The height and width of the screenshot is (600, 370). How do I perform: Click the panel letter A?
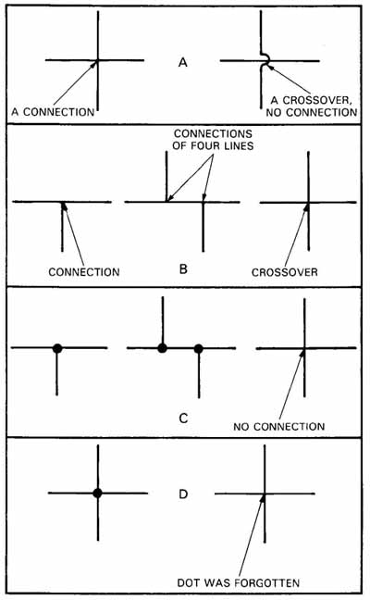click(183, 62)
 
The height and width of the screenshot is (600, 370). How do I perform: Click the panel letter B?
click(183, 269)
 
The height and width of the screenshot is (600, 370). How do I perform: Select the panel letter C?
click(183, 419)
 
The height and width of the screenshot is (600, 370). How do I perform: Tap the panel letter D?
click(183, 494)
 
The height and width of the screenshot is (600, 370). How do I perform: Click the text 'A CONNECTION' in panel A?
click(53, 112)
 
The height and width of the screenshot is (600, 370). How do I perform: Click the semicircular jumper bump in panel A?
click(265, 59)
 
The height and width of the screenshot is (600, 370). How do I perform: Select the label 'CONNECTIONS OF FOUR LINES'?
click(213, 140)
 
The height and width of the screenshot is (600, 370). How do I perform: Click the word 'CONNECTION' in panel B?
click(84, 272)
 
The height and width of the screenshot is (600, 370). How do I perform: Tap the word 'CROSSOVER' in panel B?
click(285, 272)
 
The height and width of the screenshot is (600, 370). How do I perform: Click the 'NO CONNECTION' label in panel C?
click(279, 426)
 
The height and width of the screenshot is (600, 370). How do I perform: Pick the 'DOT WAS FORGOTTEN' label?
click(239, 582)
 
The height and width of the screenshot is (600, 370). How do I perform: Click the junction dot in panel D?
click(97, 494)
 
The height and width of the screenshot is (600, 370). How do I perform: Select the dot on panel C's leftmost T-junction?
click(57, 348)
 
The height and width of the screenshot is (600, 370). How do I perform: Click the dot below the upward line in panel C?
click(163, 348)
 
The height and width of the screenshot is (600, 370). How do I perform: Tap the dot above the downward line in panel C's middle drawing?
click(198, 348)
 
